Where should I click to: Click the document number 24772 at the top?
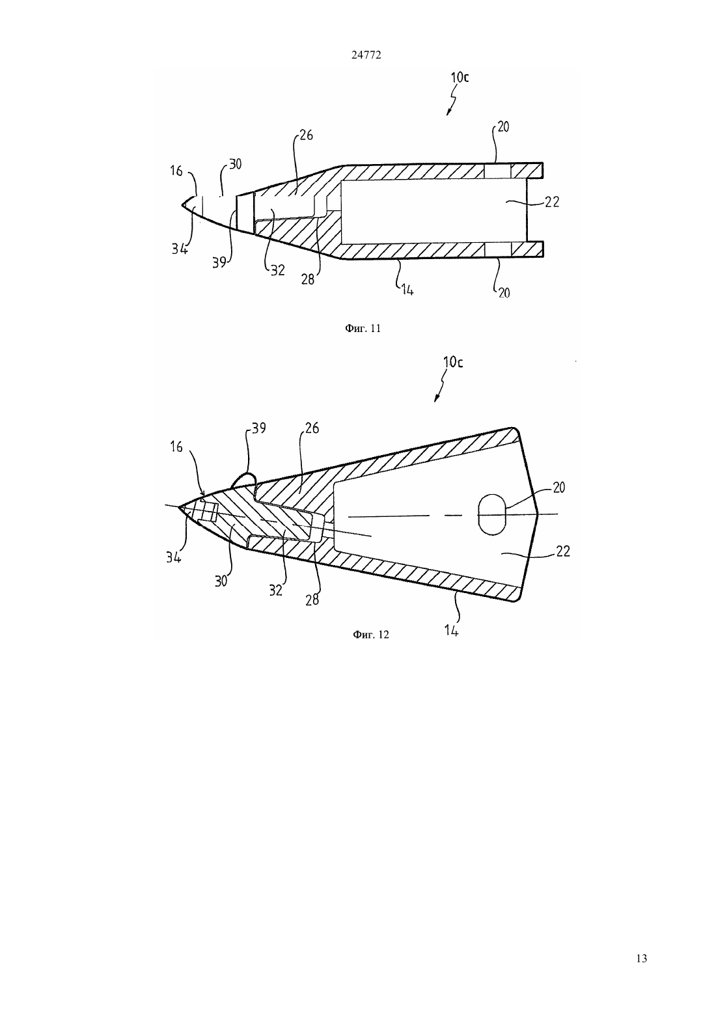coord(366,55)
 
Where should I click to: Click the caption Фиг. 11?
coord(363,329)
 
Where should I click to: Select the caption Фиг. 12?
coord(370,635)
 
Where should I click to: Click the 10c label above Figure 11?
coord(460,77)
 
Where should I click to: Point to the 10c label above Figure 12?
coord(454,362)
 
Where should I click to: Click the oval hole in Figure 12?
coord(492,515)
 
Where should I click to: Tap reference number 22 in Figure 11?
coord(552,202)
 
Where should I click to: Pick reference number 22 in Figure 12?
coord(562,551)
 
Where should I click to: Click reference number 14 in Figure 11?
coord(407,290)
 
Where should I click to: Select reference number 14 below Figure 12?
coord(451,630)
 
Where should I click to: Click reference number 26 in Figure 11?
coord(306,135)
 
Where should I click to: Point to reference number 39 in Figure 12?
coord(258,428)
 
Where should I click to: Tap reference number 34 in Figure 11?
coord(180,249)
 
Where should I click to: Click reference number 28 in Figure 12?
coord(312,599)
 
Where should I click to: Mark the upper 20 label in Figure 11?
coord(503,127)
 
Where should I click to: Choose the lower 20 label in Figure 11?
coord(504,293)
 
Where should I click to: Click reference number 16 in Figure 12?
coord(176,447)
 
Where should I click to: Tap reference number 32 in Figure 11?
coord(277,270)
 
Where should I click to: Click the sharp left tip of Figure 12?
coord(178,507)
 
